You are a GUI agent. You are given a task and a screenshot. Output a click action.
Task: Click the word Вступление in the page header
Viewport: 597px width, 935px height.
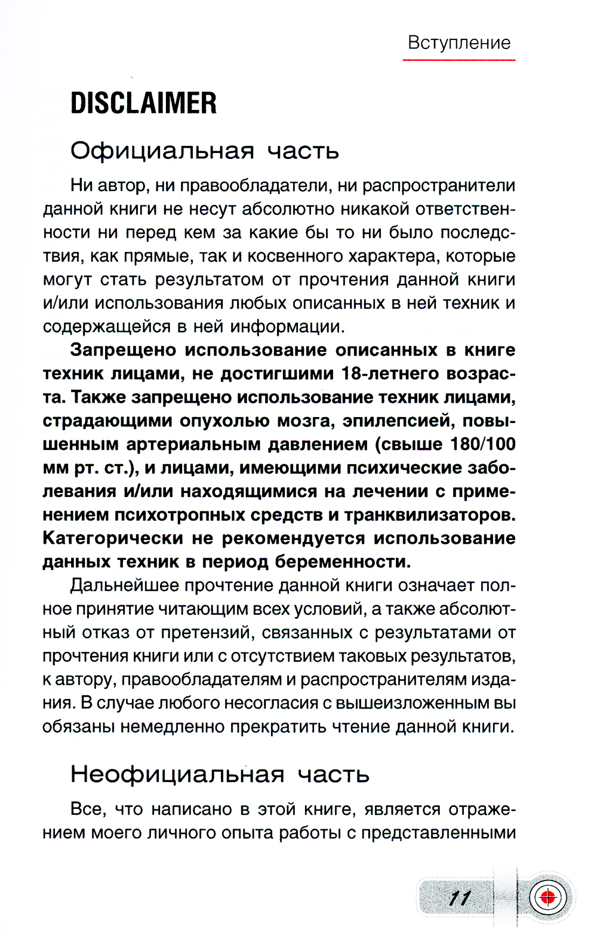pyautogui.click(x=459, y=43)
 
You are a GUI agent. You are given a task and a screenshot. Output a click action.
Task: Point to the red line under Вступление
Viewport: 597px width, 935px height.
pyautogui.click(x=459, y=60)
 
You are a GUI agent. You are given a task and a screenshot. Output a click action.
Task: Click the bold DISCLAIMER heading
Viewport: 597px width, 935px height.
pyautogui.click(x=144, y=103)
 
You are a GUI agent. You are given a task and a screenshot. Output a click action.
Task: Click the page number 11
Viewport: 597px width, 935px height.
pyautogui.click(x=460, y=899)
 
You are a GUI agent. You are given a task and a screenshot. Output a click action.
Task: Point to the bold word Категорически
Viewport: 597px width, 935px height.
pyautogui.click(x=113, y=538)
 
